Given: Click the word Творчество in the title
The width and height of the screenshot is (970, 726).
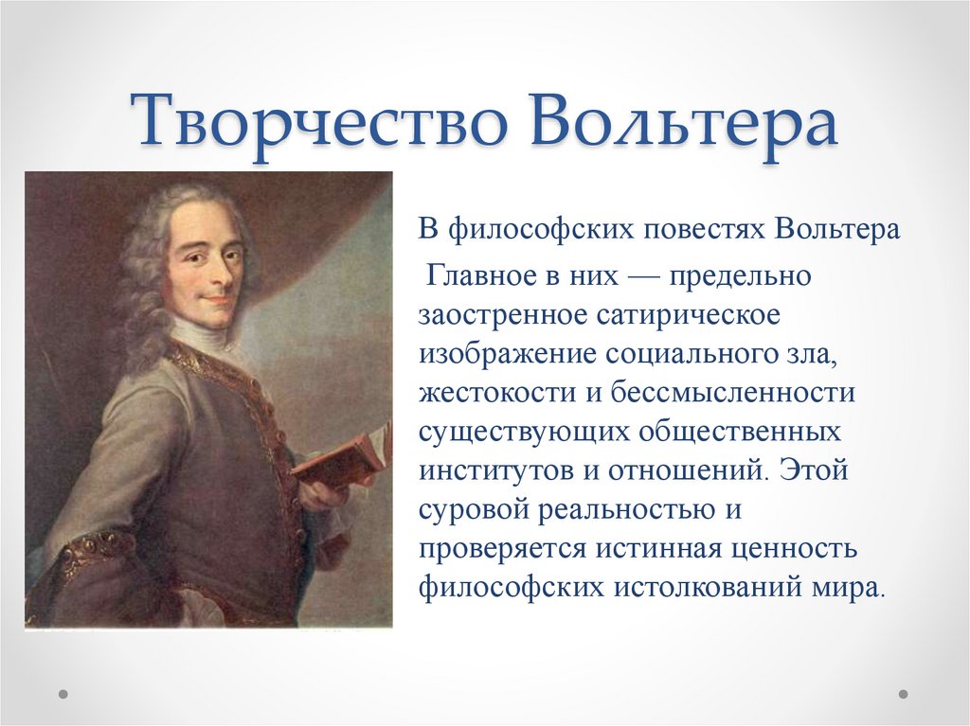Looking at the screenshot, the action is [x=319, y=120].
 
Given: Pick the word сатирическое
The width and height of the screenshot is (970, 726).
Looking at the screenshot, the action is [x=689, y=315].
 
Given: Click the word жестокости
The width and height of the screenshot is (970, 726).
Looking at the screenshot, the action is [x=497, y=394].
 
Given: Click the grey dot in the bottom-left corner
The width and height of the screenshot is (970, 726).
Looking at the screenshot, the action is [x=63, y=694].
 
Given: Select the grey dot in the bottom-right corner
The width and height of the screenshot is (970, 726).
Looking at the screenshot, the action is [x=903, y=694].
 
